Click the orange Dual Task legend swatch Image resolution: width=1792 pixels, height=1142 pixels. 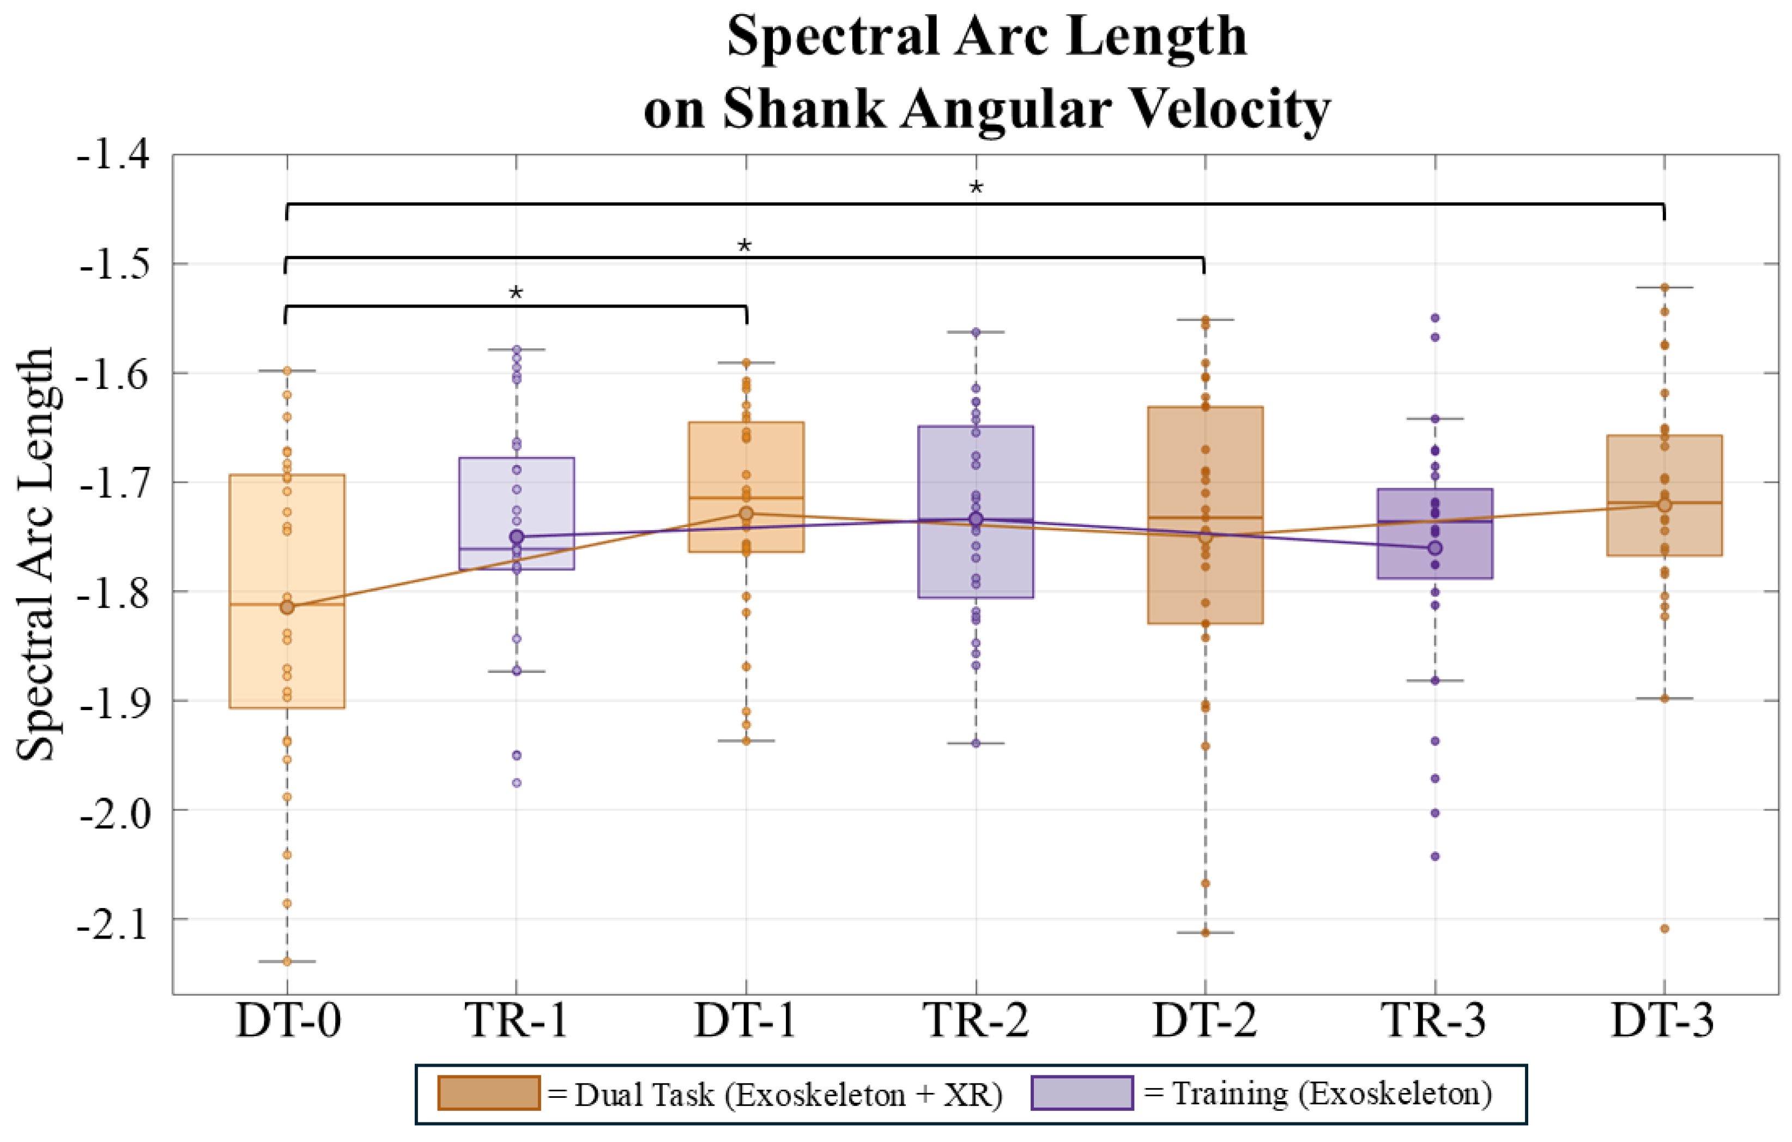pos(488,1093)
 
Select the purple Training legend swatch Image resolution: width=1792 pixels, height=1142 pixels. pos(1082,1093)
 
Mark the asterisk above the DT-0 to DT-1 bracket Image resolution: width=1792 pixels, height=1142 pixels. pos(516,292)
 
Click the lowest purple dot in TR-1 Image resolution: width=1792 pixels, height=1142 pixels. pos(517,783)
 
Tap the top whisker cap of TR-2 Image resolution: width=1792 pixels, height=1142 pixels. pos(976,332)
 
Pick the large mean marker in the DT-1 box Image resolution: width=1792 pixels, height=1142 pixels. pos(746,513)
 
